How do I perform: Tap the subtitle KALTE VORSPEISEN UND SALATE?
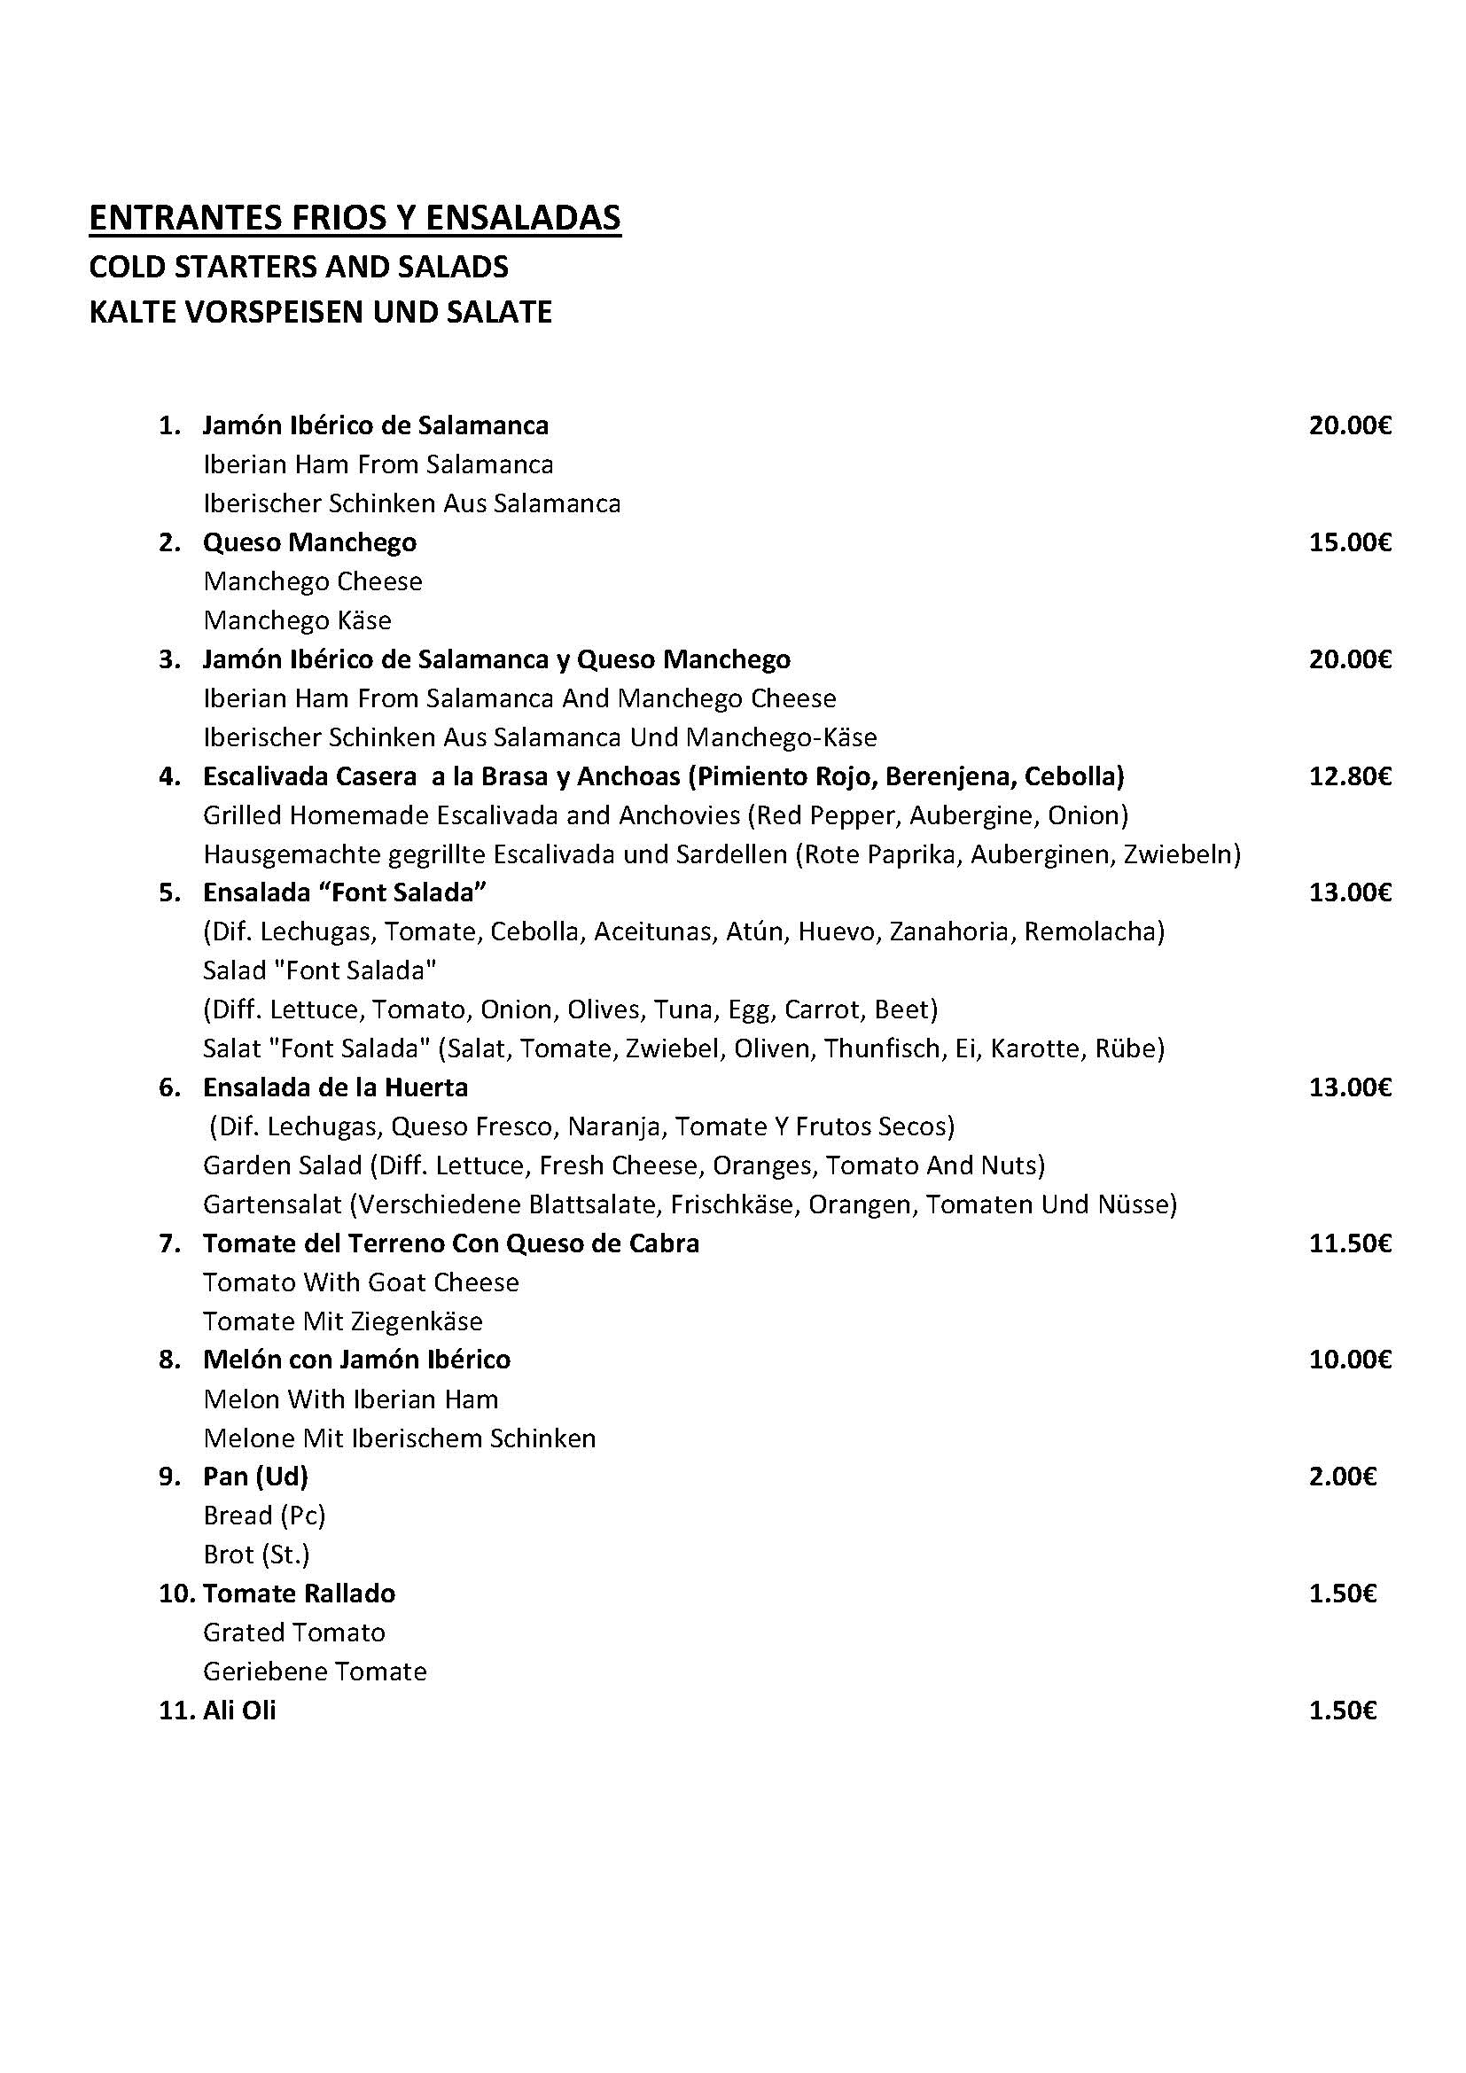pyautogui.click(x=321, y=312)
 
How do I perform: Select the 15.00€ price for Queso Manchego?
pyautogui.click(x=1350, y=542)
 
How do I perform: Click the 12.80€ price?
pyautogui.click(x=1350, y=776)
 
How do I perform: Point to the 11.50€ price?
pyautogui.click(x=1350, y=1244)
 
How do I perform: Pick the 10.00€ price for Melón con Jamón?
pyautogui.click(x=1350, y=1360)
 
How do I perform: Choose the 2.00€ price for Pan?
pyautogui.click(x=1342, y=1477)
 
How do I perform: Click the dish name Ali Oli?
pyautogui.click(x=239, y=1711)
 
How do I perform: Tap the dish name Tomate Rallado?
pyautogui.click(x=299, y=1594)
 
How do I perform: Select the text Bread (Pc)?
pyautogui.click(x=264, y=1516)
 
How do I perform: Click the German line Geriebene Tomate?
pyautogui.click(x=314, y=1672)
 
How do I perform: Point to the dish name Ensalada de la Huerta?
pyautogui.click(x=335, y=1087)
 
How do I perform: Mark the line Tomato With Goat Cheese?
pyautogui.click(x=361, y=1283)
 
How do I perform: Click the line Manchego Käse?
pyautogui.click(x=297, y=621)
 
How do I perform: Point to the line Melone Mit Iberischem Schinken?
pyautogui.click(x=399, y=1438)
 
